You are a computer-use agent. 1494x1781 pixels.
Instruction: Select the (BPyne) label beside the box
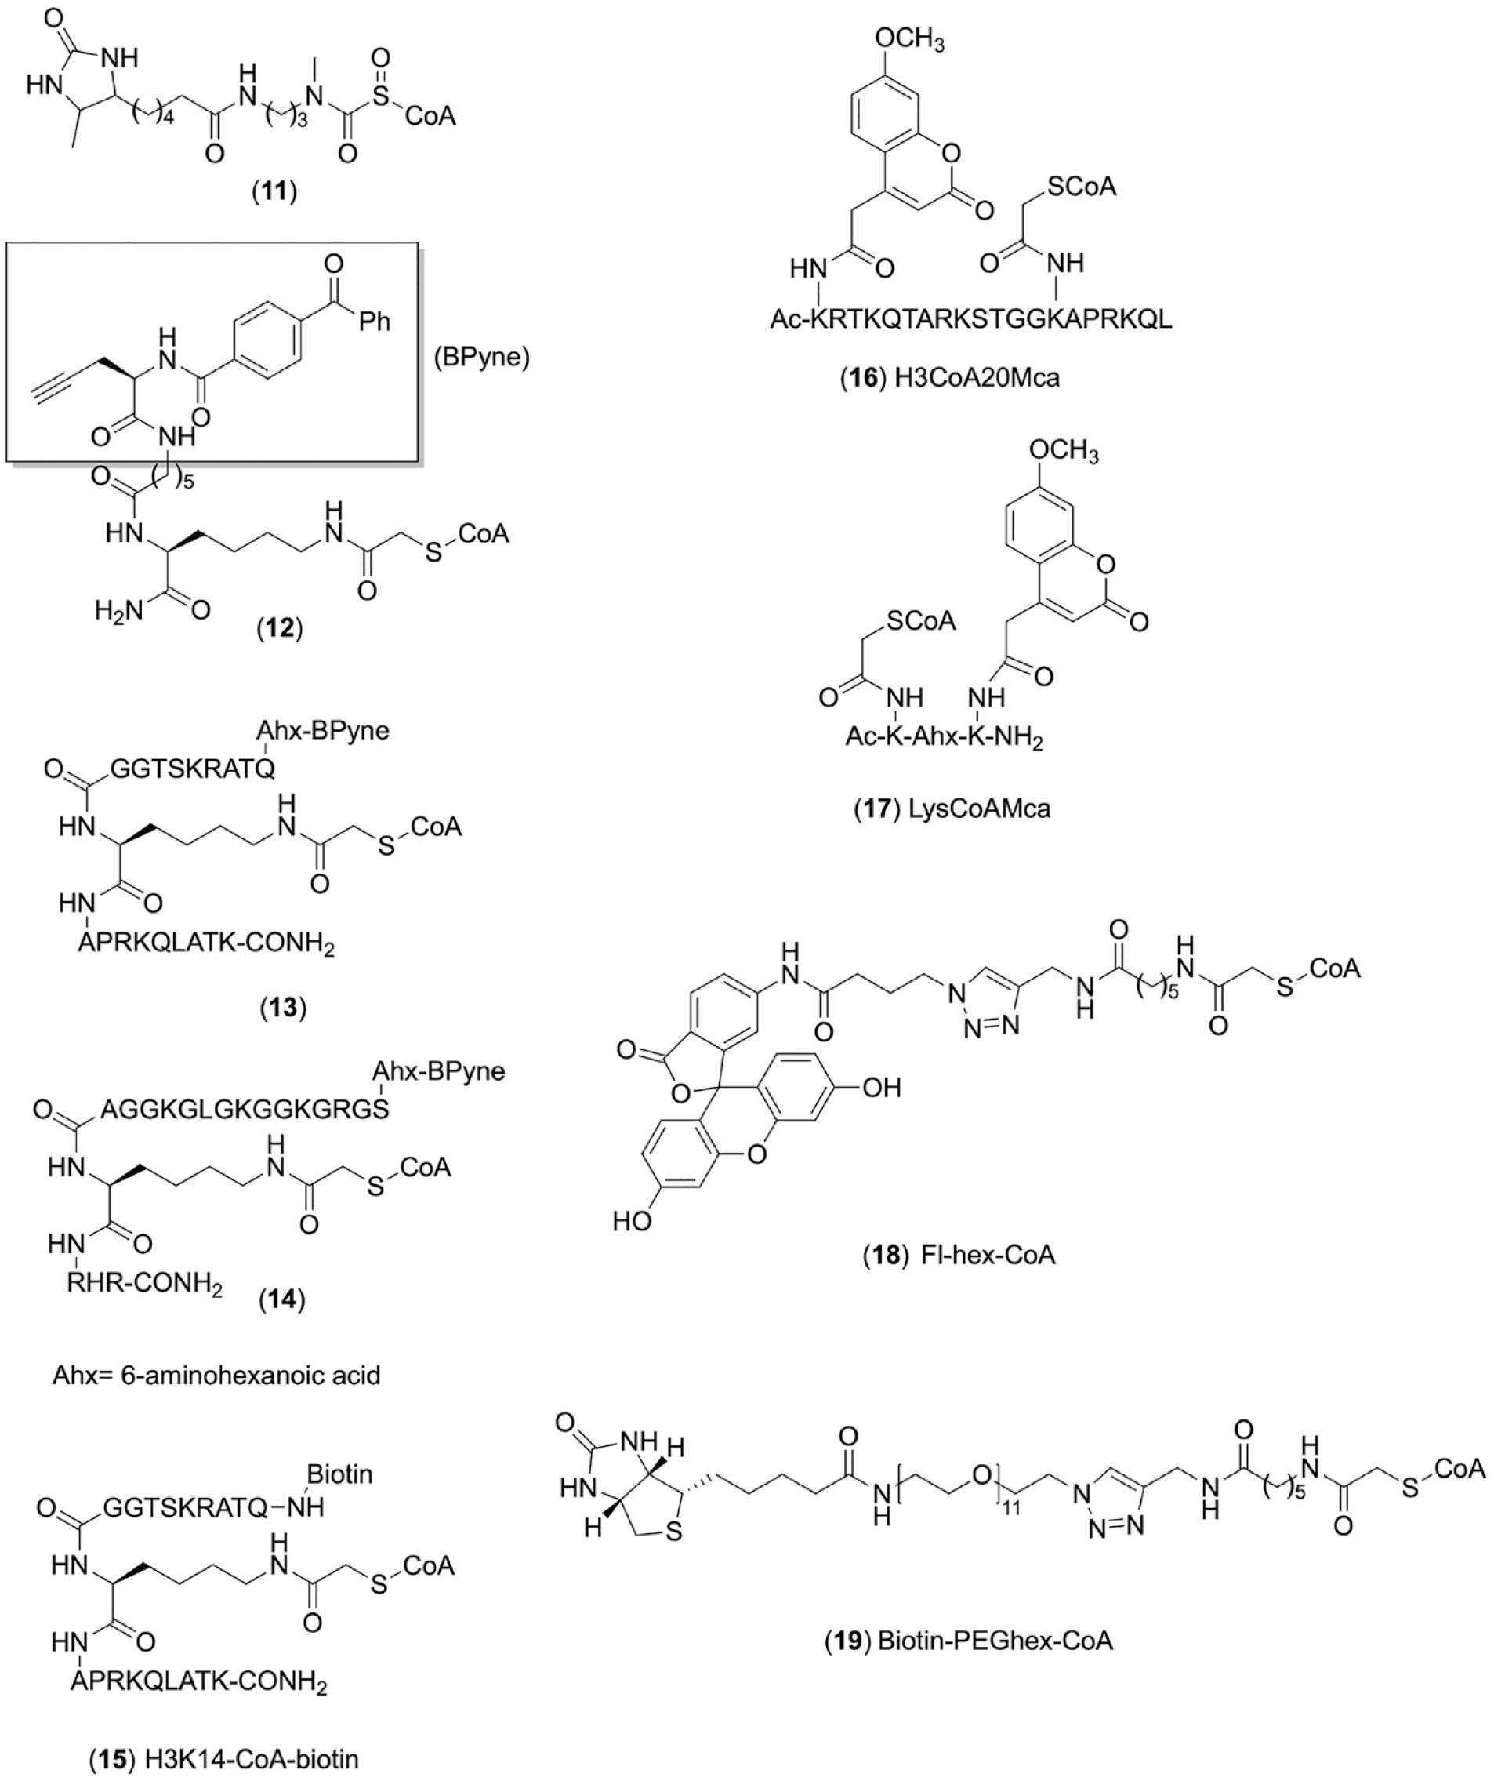tap(481, 358)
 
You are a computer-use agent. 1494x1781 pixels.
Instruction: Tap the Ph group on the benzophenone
tap(374, 322)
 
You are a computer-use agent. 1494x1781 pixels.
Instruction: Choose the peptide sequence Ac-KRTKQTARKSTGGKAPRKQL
tap(971, 319)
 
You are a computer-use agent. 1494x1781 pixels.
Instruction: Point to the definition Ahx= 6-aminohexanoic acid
tap(216, 1374)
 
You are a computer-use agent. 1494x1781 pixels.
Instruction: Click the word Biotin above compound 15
tap(339, 1475)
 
